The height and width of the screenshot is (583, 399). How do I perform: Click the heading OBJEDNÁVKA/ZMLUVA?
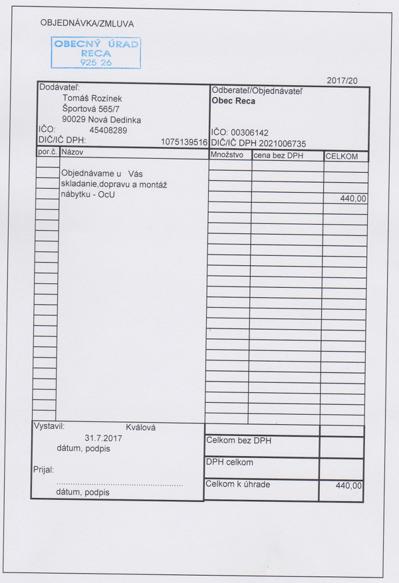coord(87,23)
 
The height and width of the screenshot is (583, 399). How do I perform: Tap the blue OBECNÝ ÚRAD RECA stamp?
coord(96,53)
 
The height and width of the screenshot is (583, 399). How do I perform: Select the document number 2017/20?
coord(342,80)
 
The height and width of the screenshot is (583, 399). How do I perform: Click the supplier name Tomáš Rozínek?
coord(92,98)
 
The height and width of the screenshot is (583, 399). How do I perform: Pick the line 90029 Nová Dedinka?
coord(101,120)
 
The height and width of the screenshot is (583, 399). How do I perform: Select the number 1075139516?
coord(184,142)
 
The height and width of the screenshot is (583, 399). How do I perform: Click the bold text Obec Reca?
coord(233,102)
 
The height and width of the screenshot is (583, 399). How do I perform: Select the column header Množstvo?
coord(227,156)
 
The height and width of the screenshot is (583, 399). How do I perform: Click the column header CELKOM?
coord(342,156)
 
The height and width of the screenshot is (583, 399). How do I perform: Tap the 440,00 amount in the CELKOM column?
coord(352,198)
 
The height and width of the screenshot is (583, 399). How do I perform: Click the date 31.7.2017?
coord(104,438)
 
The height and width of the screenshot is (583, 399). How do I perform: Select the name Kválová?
coord(140,427)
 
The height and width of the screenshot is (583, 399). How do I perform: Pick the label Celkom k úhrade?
coord(238,485)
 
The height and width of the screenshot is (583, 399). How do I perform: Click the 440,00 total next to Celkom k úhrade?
coord(348,486)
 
